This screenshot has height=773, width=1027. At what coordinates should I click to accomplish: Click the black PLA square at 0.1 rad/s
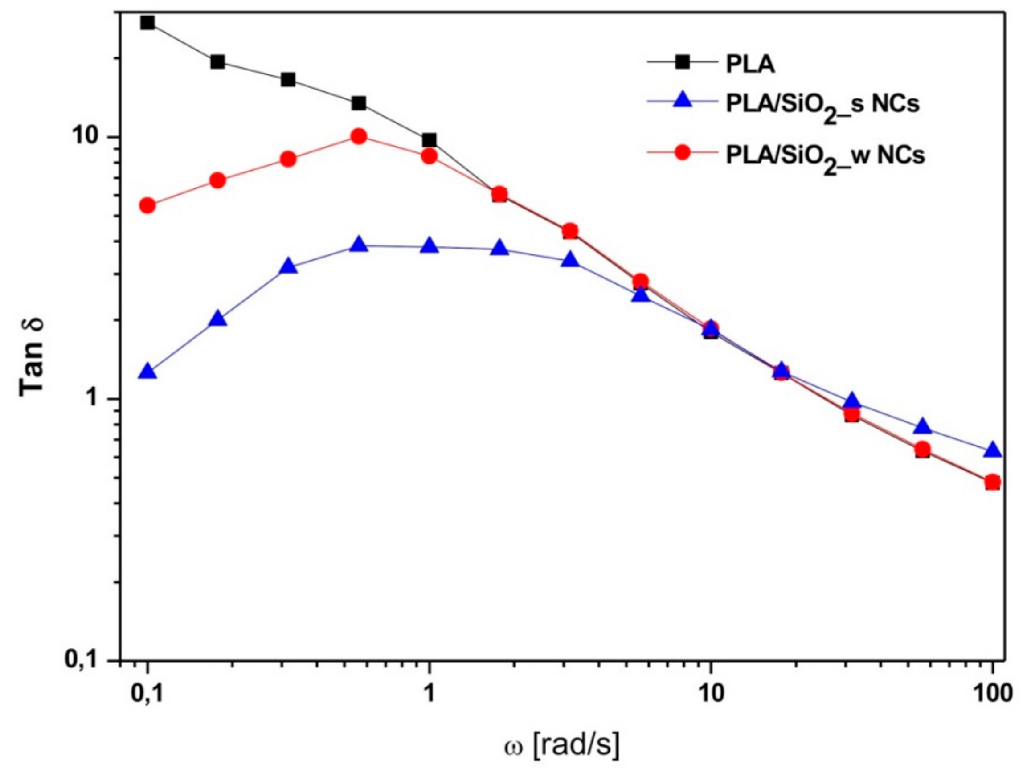pos(147,22)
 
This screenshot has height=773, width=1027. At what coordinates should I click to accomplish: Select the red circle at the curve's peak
pos(358,136)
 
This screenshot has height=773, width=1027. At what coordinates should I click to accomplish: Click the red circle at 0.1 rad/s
pos(147,205)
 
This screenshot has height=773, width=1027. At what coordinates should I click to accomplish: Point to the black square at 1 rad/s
pos(429,140)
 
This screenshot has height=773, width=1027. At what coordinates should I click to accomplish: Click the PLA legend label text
pos(750,65)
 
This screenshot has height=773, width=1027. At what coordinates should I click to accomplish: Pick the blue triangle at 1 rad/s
pos(429,246)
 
